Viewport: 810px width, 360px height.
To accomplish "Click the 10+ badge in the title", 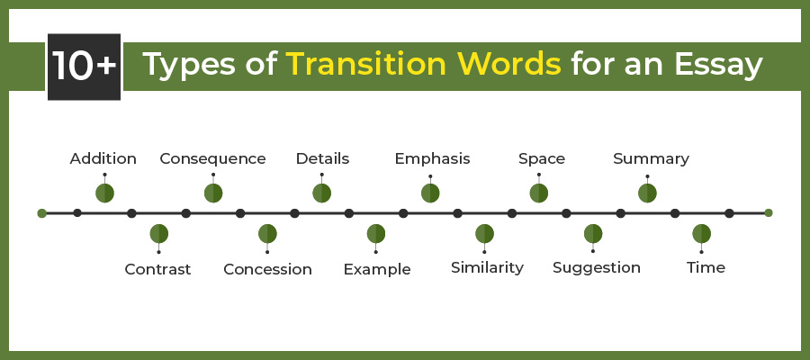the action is click(x=85, y=67).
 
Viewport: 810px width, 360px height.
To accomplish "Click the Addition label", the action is click(x=103, y=158).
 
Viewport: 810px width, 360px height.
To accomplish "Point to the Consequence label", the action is click(x=212, y=158).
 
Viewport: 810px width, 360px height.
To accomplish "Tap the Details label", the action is click(x=322, y=158).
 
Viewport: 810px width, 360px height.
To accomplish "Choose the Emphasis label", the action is click(x=432, y=159).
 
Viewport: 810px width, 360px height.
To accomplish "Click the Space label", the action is click(x=542, y=159).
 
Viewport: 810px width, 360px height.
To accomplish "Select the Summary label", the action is click(x=651, y=159).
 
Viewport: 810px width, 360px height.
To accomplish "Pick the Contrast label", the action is click(x=158, y=269).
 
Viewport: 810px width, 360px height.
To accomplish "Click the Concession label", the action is click(x=267, y=269).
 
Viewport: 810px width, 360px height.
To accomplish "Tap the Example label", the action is click(x=377, y=270).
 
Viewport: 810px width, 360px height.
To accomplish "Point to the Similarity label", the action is click(x=487, y=267).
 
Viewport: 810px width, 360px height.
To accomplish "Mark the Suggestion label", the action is click(x=597, y=268).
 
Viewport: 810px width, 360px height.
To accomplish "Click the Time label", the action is click(x=706, y=267).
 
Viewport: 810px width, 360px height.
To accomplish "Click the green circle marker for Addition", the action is click(x=105, y=193).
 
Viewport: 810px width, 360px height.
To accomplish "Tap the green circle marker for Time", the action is click(x=701, y=234).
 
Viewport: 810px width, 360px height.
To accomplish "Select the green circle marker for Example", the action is click(x=376, y=234).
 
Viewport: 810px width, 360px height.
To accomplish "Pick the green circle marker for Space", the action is click(x=539, y=193).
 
